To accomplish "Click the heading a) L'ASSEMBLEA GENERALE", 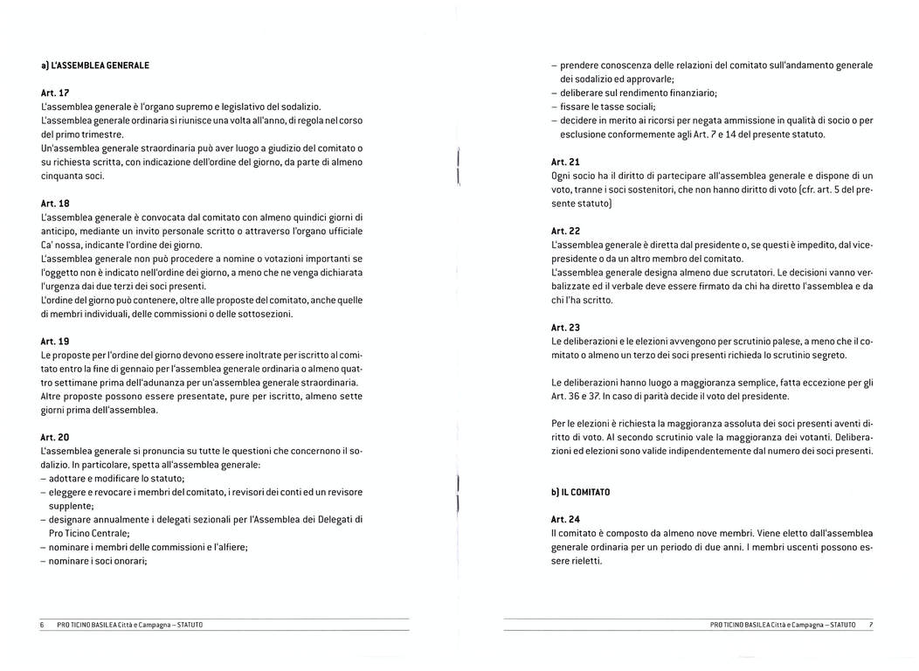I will click(95, 65).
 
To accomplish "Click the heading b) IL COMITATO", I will click(580, 493).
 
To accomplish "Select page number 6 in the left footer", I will click(42, 626).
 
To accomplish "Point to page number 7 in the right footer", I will click(870, 626).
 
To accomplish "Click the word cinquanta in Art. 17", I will click(61, 176).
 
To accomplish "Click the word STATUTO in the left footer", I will click(194, 626).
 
